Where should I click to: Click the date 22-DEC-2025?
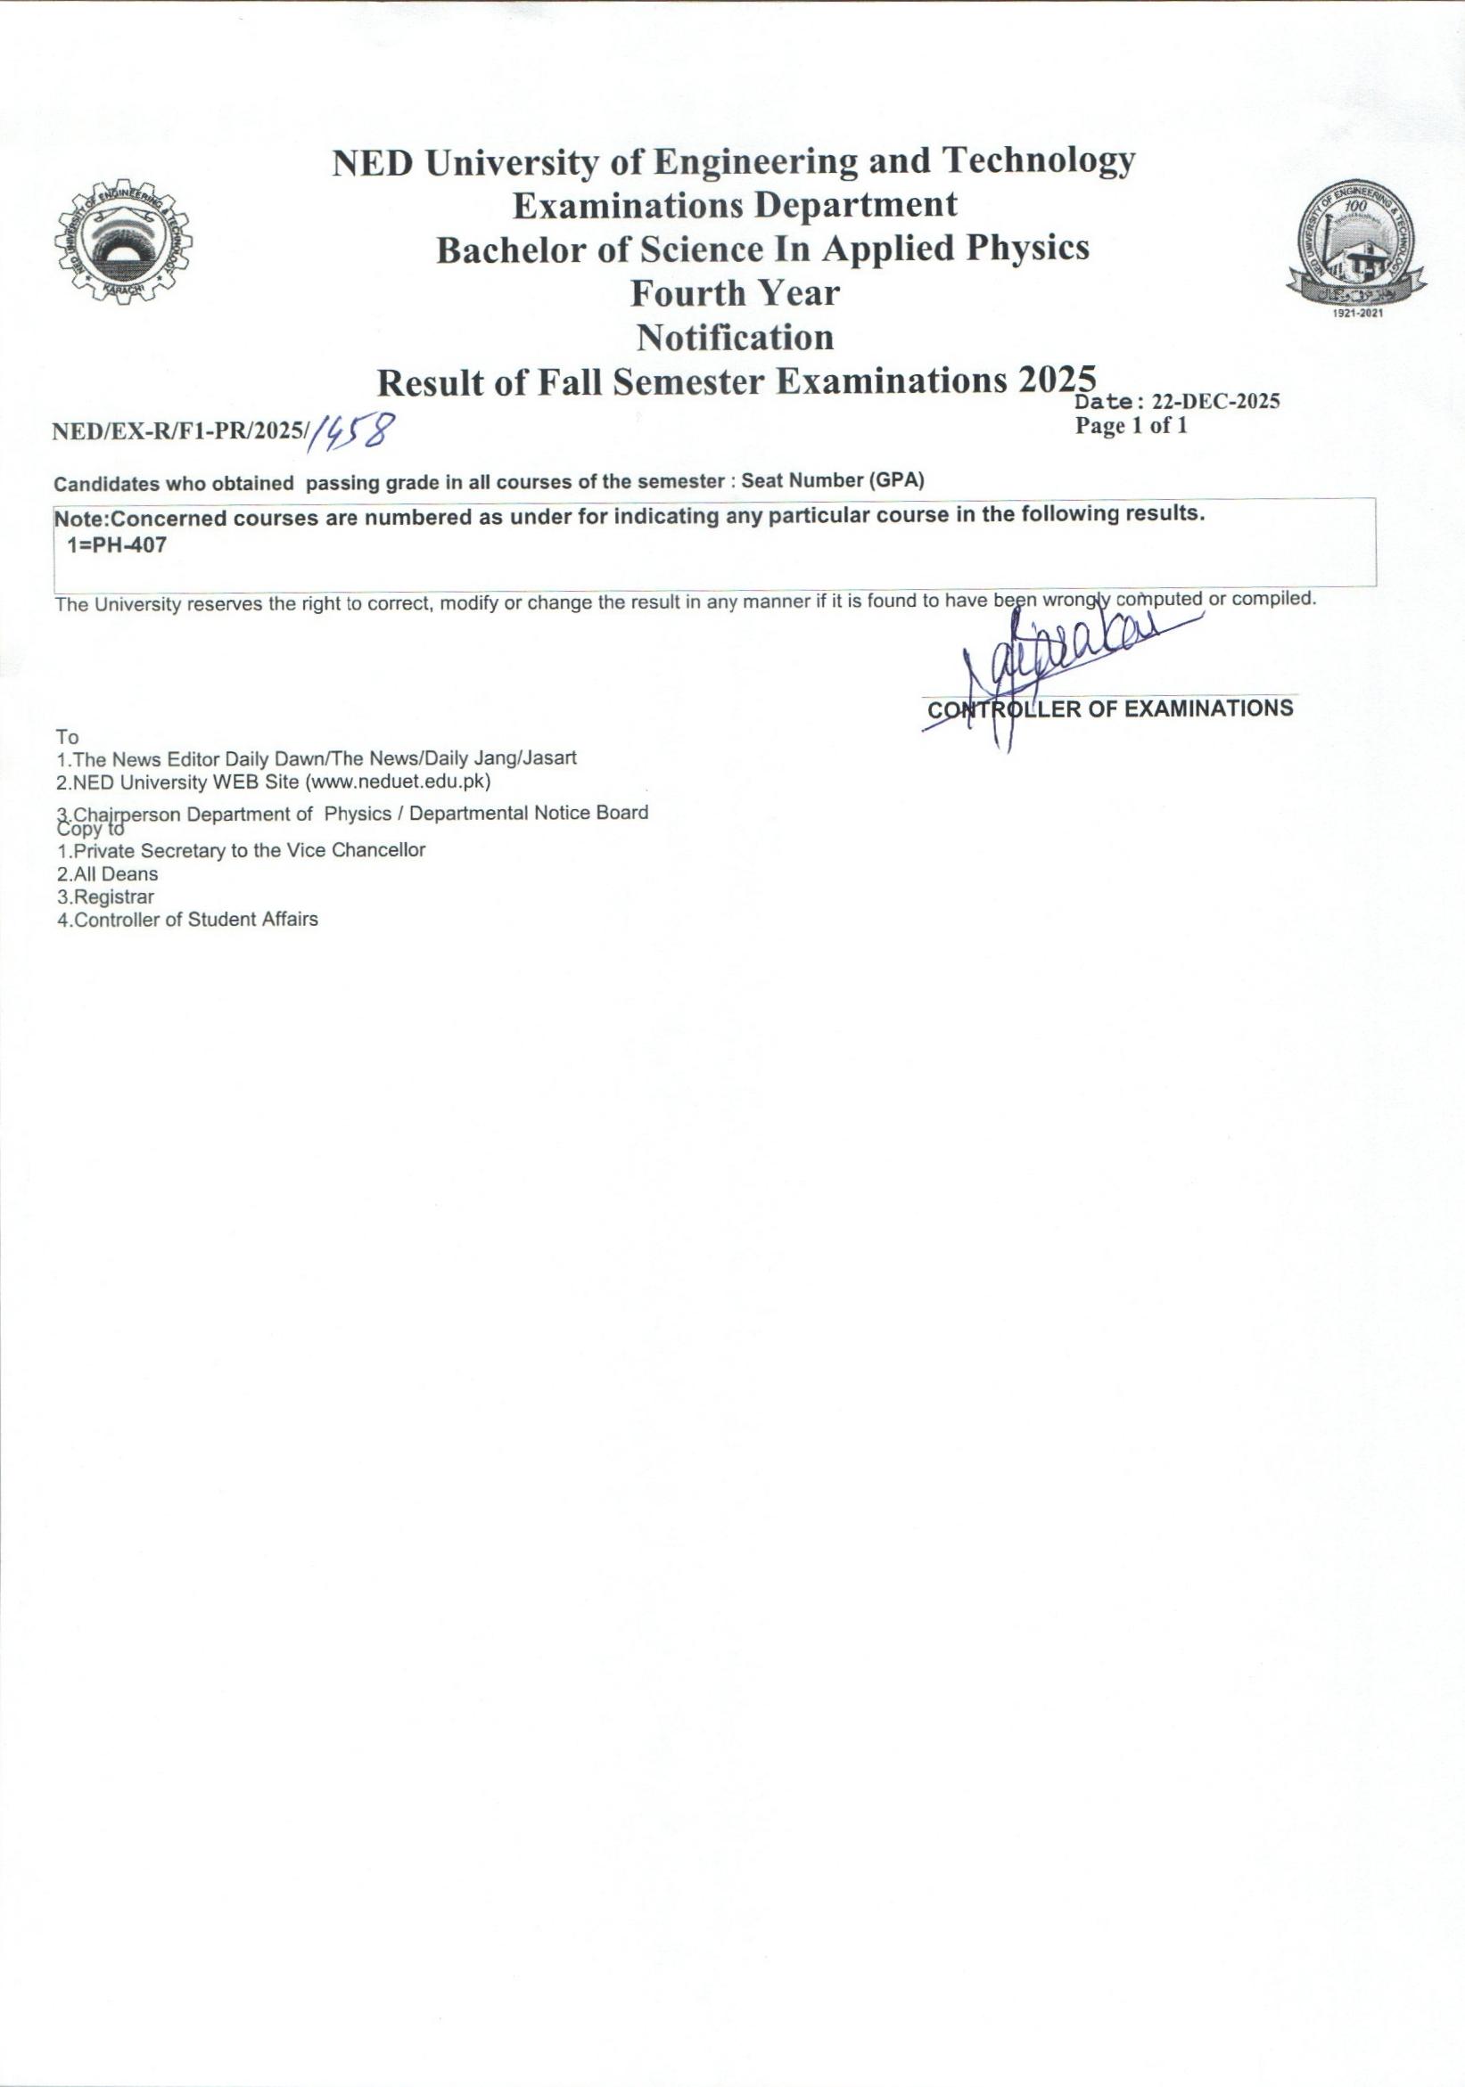[1215, 402]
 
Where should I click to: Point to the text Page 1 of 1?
[1132, 425]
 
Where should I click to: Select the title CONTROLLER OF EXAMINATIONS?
[1108, 709]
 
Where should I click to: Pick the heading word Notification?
[735, 338]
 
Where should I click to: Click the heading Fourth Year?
[735, 292]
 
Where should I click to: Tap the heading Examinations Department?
[735, 205]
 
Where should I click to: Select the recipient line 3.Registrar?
[105, 896]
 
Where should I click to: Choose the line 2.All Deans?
[107, 873]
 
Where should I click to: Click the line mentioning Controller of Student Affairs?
[187, 919]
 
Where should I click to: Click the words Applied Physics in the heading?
[955, 248]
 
